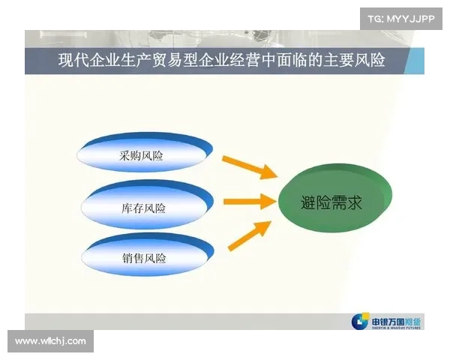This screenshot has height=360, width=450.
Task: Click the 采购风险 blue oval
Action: click(x=142, y=156)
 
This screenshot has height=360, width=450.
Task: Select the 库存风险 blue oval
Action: click(x=142, y=207)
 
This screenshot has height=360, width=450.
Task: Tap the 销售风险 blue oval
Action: click(x=142, y=257)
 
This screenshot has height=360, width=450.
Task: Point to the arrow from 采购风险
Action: click(x=248, y=167)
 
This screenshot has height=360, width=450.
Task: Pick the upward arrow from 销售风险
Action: click(x=248, y=235)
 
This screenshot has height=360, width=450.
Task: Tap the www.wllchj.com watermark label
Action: click(x=50, y=341)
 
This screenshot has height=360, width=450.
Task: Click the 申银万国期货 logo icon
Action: click(x=360, y=322)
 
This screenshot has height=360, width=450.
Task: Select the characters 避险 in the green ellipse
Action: click(x=315, y=200)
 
